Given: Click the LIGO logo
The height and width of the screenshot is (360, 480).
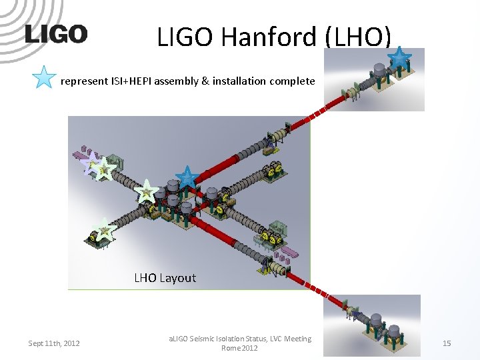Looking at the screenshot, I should point(56,35).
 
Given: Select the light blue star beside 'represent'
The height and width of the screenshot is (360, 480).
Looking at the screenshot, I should point(44,78).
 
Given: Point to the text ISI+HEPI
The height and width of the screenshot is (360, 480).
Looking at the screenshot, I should point(133,81).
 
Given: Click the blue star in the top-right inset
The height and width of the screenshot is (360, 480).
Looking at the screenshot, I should point(399,57).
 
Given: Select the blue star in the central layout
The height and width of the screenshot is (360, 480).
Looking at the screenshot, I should point(187,177).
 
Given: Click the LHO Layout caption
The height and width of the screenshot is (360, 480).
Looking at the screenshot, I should point(165,277).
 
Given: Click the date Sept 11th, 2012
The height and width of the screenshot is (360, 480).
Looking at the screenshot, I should point(54,343).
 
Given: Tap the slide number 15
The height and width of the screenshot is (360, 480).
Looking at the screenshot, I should point(447,343).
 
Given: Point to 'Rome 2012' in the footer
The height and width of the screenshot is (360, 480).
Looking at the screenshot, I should point(239,348).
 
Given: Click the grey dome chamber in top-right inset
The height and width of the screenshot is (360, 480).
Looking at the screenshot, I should point(381,71).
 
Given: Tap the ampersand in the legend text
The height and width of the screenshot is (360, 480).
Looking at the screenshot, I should point(205,81).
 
